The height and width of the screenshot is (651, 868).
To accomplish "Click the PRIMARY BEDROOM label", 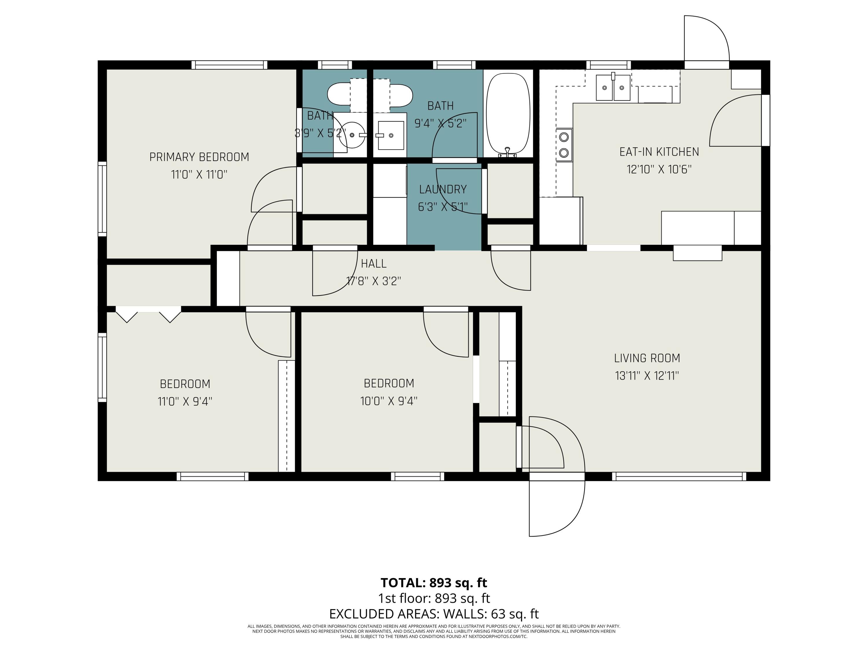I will pyautogui.click(x=199, y=157).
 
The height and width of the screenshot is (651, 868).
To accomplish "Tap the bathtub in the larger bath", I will pyautogui.click(x=508, y=114).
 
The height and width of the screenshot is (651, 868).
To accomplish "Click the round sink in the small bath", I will pyautogui.click(x=352, y=135).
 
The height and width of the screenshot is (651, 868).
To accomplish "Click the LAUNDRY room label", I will pyautogui.click(x=443, y=190).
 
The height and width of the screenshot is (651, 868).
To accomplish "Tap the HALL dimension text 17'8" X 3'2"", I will pyautogui.click(x=373, y=281).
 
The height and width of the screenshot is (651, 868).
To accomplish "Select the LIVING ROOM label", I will pyautogui.click(x=647, y=358).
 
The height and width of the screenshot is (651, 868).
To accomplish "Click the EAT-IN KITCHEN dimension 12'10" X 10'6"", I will pyautogui.click(x=659, y=170).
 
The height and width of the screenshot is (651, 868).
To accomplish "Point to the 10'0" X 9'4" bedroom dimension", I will pyautogui.click(x=389, y=401).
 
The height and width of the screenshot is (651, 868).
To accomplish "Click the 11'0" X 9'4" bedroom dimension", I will pyautogui.click(x=185, y=401).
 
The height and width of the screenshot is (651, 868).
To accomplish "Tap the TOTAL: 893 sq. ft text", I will pyautogui.click(x=434, y=583).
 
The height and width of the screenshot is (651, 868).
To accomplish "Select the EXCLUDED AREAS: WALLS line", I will pyautogui.click(x=434, y=614).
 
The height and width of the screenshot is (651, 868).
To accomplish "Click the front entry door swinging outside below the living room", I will pyautogui.click(x=556, y=506).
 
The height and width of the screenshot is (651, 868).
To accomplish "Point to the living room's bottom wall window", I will pyautogui.click(x=679, y=476).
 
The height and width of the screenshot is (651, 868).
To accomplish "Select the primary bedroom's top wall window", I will pyautogui.click(x=229, y=65).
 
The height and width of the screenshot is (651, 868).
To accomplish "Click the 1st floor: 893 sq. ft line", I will pyautogui.click(x=434, y=598).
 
